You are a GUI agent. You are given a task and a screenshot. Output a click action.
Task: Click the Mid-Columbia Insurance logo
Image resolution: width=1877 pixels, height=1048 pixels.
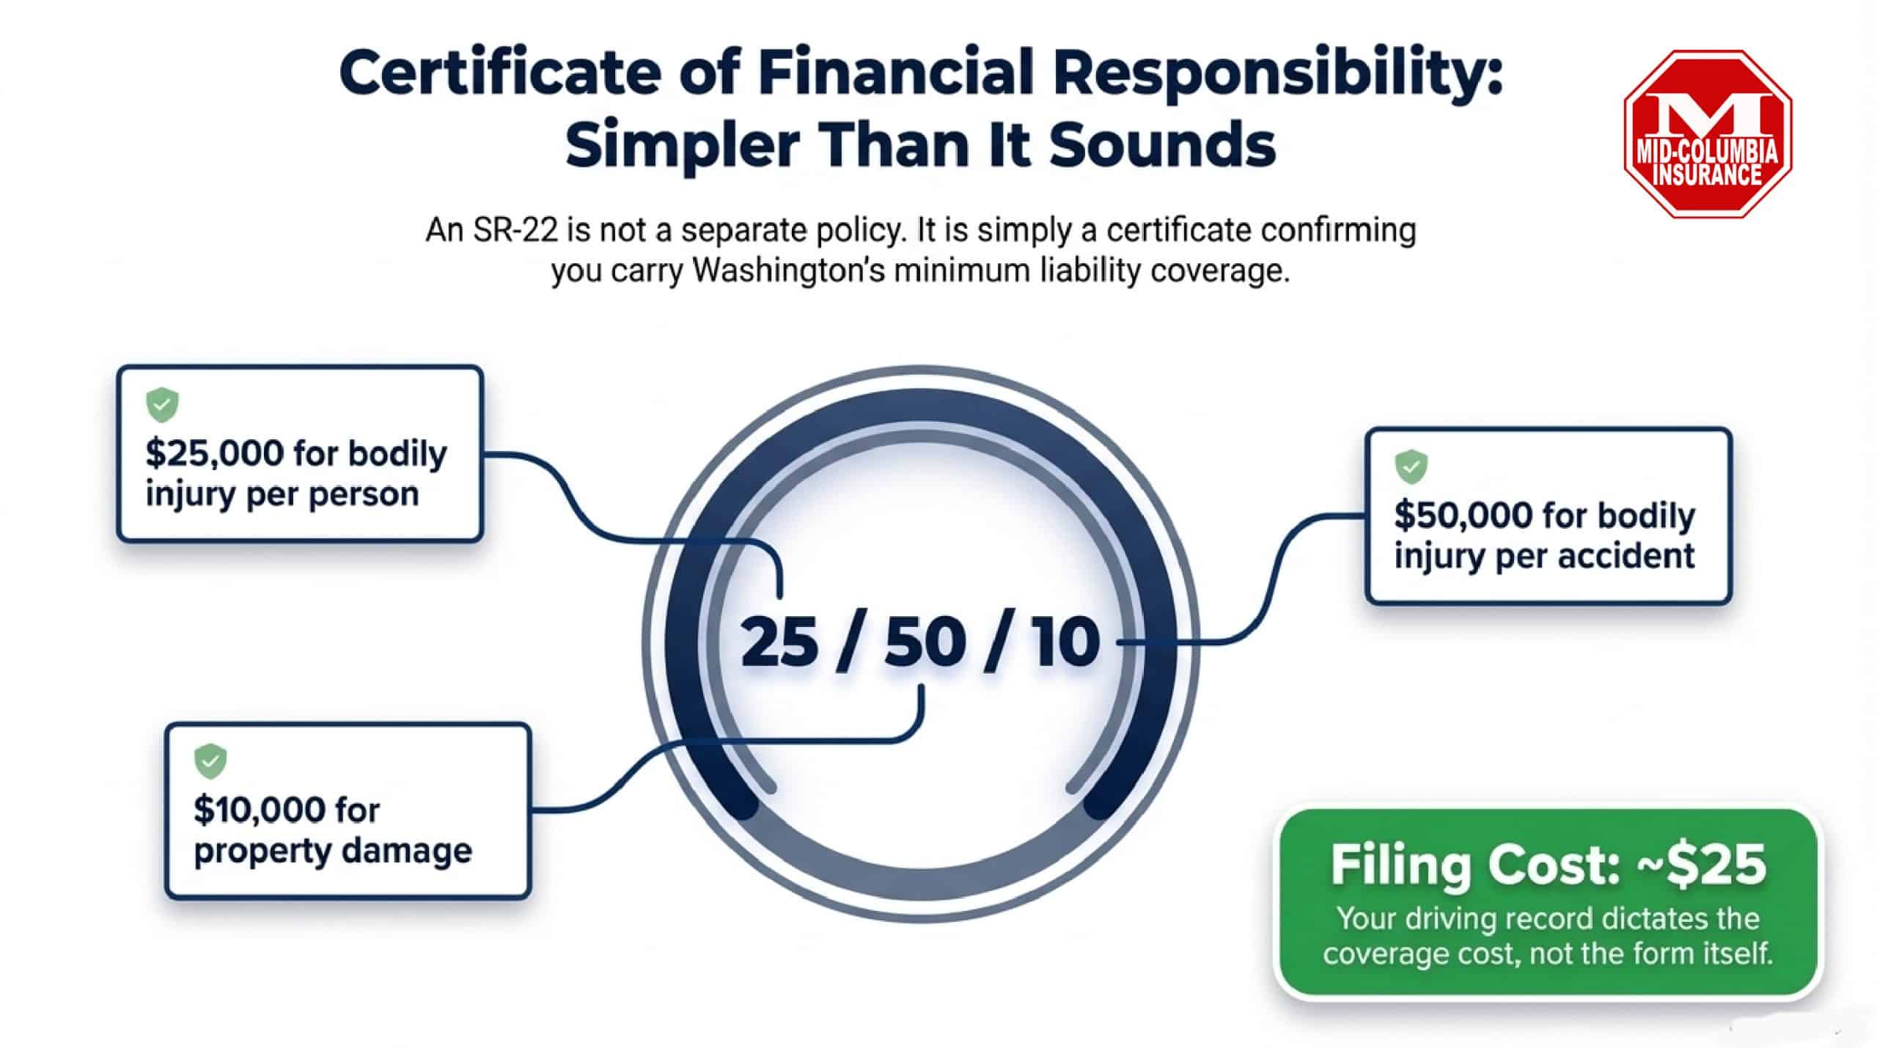1708,134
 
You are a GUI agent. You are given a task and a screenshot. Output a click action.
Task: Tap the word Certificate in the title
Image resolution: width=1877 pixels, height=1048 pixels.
500,74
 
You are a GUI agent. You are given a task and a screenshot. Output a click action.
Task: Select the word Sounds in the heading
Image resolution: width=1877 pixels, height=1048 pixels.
1162,144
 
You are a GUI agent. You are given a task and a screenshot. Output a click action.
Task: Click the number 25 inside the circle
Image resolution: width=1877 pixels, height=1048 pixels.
779,643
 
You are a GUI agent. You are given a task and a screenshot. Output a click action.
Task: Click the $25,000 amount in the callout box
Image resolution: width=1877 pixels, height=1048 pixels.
214,454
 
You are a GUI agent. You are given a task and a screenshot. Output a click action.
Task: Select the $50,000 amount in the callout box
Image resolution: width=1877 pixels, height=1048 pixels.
1463,516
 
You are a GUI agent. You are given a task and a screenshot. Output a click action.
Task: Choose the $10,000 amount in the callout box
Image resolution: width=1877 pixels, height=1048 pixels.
260,810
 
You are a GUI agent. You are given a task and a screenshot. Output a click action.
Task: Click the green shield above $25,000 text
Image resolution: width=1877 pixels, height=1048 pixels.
163,405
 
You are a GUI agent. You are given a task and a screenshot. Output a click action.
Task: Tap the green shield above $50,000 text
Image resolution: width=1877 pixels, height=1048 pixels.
1411,466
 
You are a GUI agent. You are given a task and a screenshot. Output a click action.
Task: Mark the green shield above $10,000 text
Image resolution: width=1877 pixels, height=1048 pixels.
210,762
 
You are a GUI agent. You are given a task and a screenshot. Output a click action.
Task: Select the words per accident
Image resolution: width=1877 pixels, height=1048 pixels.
1595,557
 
